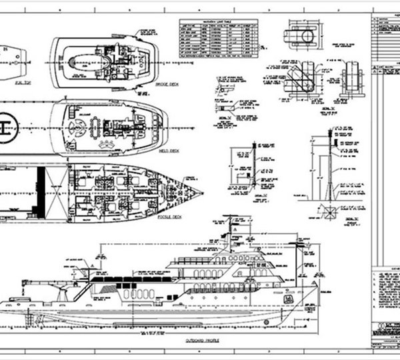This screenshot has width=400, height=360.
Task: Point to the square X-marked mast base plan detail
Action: tap(328, 211)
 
